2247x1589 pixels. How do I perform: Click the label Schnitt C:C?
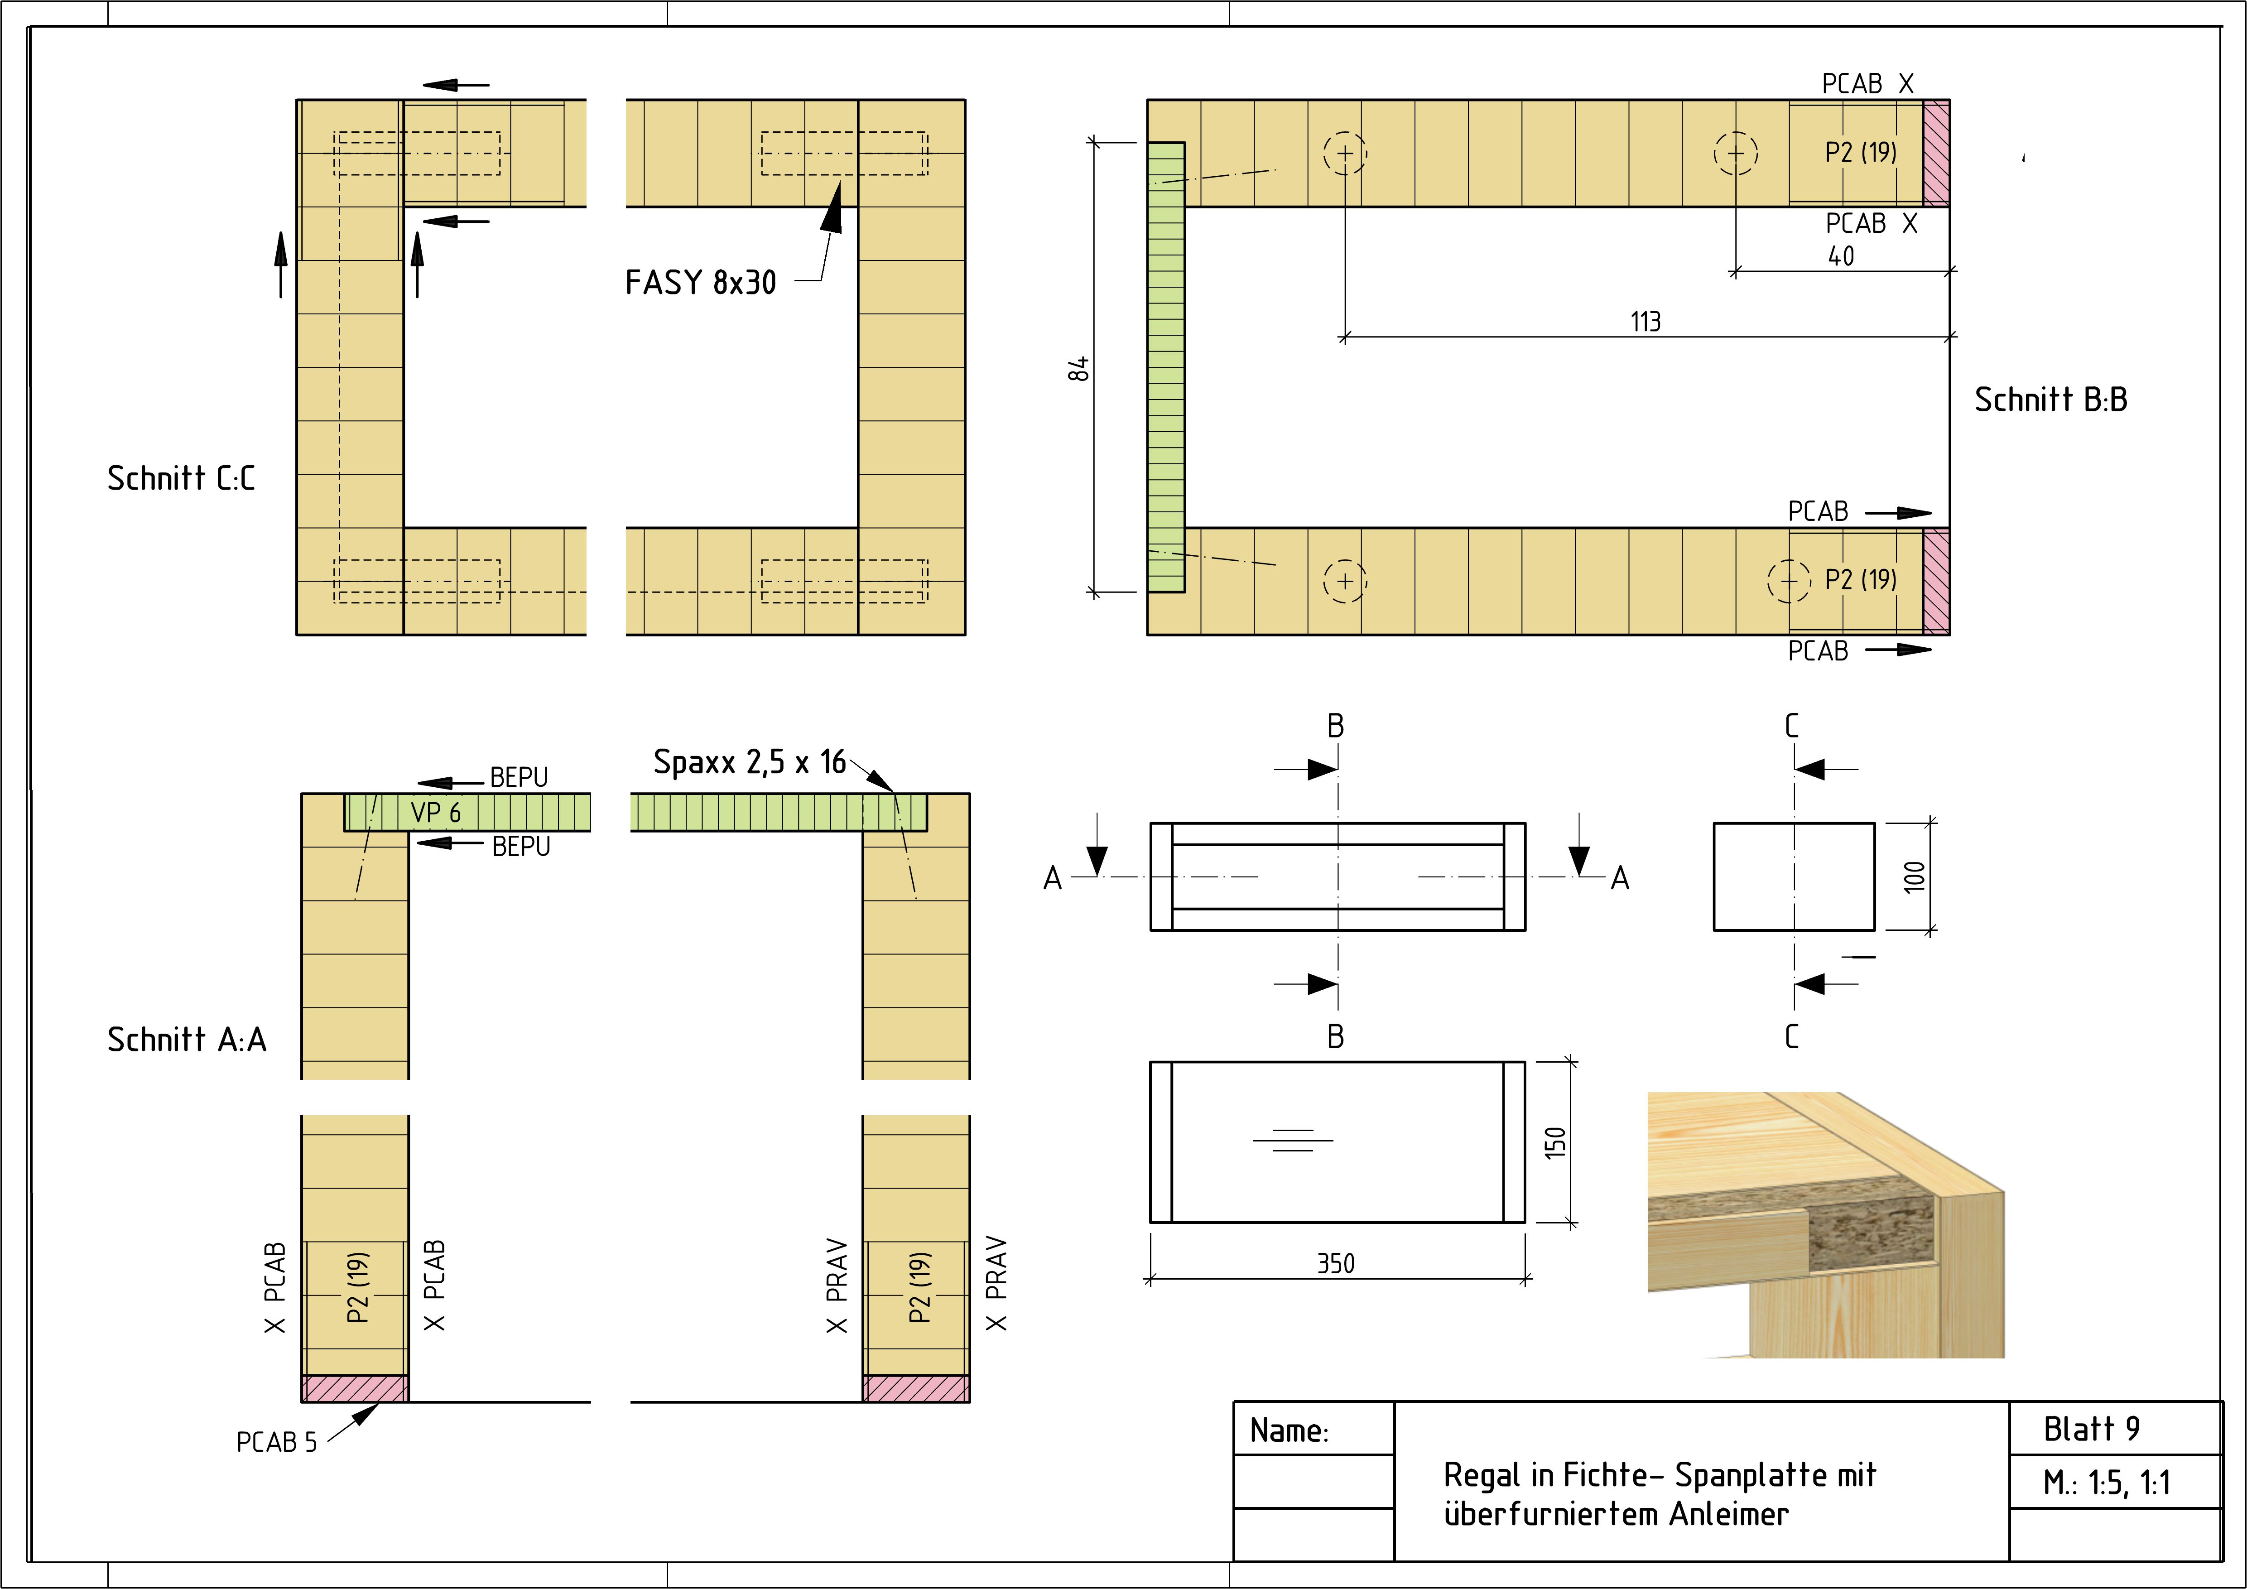181,478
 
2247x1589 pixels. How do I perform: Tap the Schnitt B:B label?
2050,399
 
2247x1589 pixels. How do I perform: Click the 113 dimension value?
1645,321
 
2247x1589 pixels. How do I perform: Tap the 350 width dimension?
1336,1263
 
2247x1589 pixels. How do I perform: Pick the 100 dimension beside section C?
1914,876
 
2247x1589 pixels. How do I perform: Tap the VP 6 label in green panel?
436,812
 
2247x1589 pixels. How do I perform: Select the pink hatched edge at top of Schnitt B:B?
1936,153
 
